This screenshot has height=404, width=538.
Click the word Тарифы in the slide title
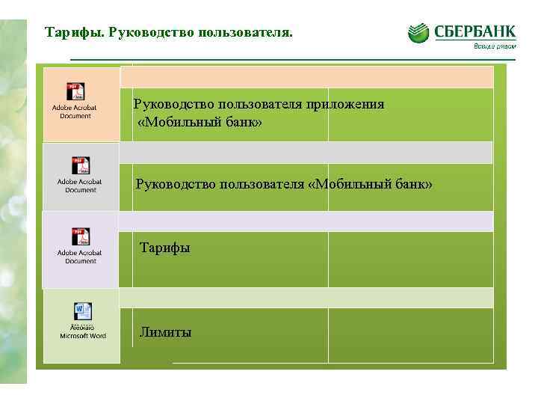pyautogui.click(x=73, y=34)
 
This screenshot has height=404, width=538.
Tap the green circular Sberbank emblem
pyautogui.click(x=418, y=33)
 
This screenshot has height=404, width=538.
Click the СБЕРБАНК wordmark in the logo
pyautogui.click(x=474, y=32)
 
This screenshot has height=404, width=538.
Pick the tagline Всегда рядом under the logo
pyautogui.click(x=493, y=46)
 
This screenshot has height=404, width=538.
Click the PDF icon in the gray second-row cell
pyautogui.click(x=81, y=165)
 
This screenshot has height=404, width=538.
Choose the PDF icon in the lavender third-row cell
pyautogui.click(x=81, y=236)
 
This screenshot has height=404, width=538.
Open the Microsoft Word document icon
pyautogui.click(x=82, y=311)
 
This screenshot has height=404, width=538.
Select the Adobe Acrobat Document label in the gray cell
pyautogui.click(x=80, y=186)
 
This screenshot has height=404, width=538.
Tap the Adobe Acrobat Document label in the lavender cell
pyautogui.click(x=80, y=257)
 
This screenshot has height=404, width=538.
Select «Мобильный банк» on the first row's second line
pyautogui.click(x=200, y=121)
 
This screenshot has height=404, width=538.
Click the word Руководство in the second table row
pyautogui.click(x=175, y=184)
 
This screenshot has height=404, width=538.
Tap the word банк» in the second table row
pyautogui.click(x=414, y=184)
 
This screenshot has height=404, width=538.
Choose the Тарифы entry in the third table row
pyautogui.click(x=164, y=248)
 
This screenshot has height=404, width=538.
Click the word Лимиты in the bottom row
pyautogui.click(x=165, y=332)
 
